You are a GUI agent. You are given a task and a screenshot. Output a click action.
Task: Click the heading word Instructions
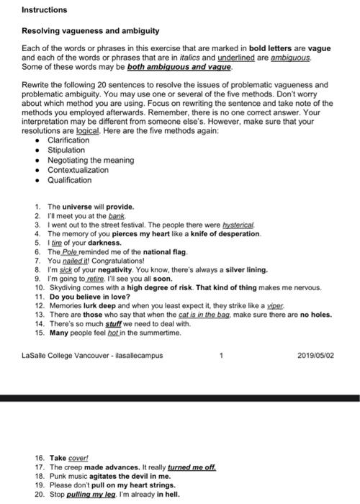coord(44,10)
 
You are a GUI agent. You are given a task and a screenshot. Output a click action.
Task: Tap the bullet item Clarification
coord(68,140)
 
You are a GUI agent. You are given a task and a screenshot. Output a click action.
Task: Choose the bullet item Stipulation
coord(66,150)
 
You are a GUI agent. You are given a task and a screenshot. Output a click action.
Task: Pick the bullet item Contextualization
coord(78,170)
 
